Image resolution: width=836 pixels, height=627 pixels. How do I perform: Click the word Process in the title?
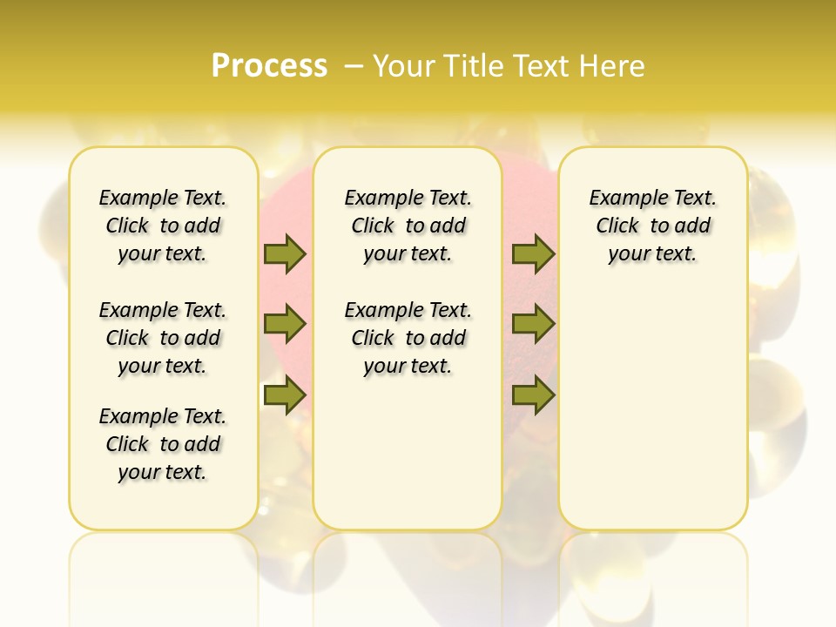(x=269, y=66)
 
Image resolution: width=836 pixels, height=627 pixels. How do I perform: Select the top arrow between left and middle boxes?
(x=285, y=253)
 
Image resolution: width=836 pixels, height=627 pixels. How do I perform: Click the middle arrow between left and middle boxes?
(x=285, y=324)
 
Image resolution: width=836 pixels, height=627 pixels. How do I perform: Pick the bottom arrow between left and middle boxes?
(x=285, y=395)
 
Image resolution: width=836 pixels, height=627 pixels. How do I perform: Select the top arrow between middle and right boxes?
(x=533, y=253)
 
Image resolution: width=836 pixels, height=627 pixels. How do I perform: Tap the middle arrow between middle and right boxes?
(x=533, y=324)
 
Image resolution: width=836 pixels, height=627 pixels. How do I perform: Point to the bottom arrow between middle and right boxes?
(x=533, y=395)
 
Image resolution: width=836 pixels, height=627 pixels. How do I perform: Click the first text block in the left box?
(x=163, y=226)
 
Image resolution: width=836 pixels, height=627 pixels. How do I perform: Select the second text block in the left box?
(x=163, y=338)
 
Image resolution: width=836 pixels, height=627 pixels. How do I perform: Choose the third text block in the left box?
(x=163, y=444)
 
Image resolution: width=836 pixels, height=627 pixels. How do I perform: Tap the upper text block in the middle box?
(x=408, y=226)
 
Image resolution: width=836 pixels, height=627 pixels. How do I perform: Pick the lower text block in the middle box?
(x=408, y=338)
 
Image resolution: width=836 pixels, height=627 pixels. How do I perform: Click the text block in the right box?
(x=653, y=226)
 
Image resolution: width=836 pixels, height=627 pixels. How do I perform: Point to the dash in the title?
(x=354, y=66)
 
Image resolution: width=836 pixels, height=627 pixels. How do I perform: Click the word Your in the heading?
(x=405, y=66)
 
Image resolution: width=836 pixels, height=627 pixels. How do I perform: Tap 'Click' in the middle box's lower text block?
(x=373, y=338)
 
